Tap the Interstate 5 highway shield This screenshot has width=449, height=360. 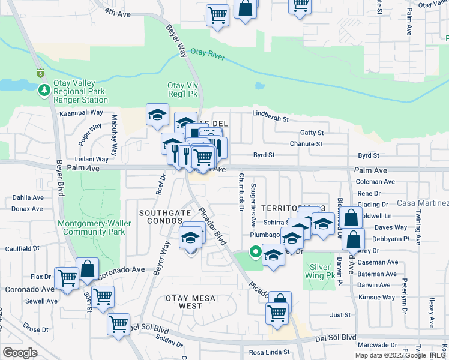pyautogui.click(x=40, y=74)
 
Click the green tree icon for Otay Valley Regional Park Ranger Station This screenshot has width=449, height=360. pyautogui.click(x=44, y=91)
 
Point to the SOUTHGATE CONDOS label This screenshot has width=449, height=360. pyautogui.click(x=161, y=217)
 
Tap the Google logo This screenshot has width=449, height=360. pyautogui.click(x=20, y=352)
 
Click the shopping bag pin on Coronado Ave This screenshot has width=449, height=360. pyautogui.click(x=88, y=269)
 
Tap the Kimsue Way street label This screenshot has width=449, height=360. pyautogui.click(x=376, y=297)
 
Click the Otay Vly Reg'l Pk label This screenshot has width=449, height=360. pyautogui.click(x=182, y=90)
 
